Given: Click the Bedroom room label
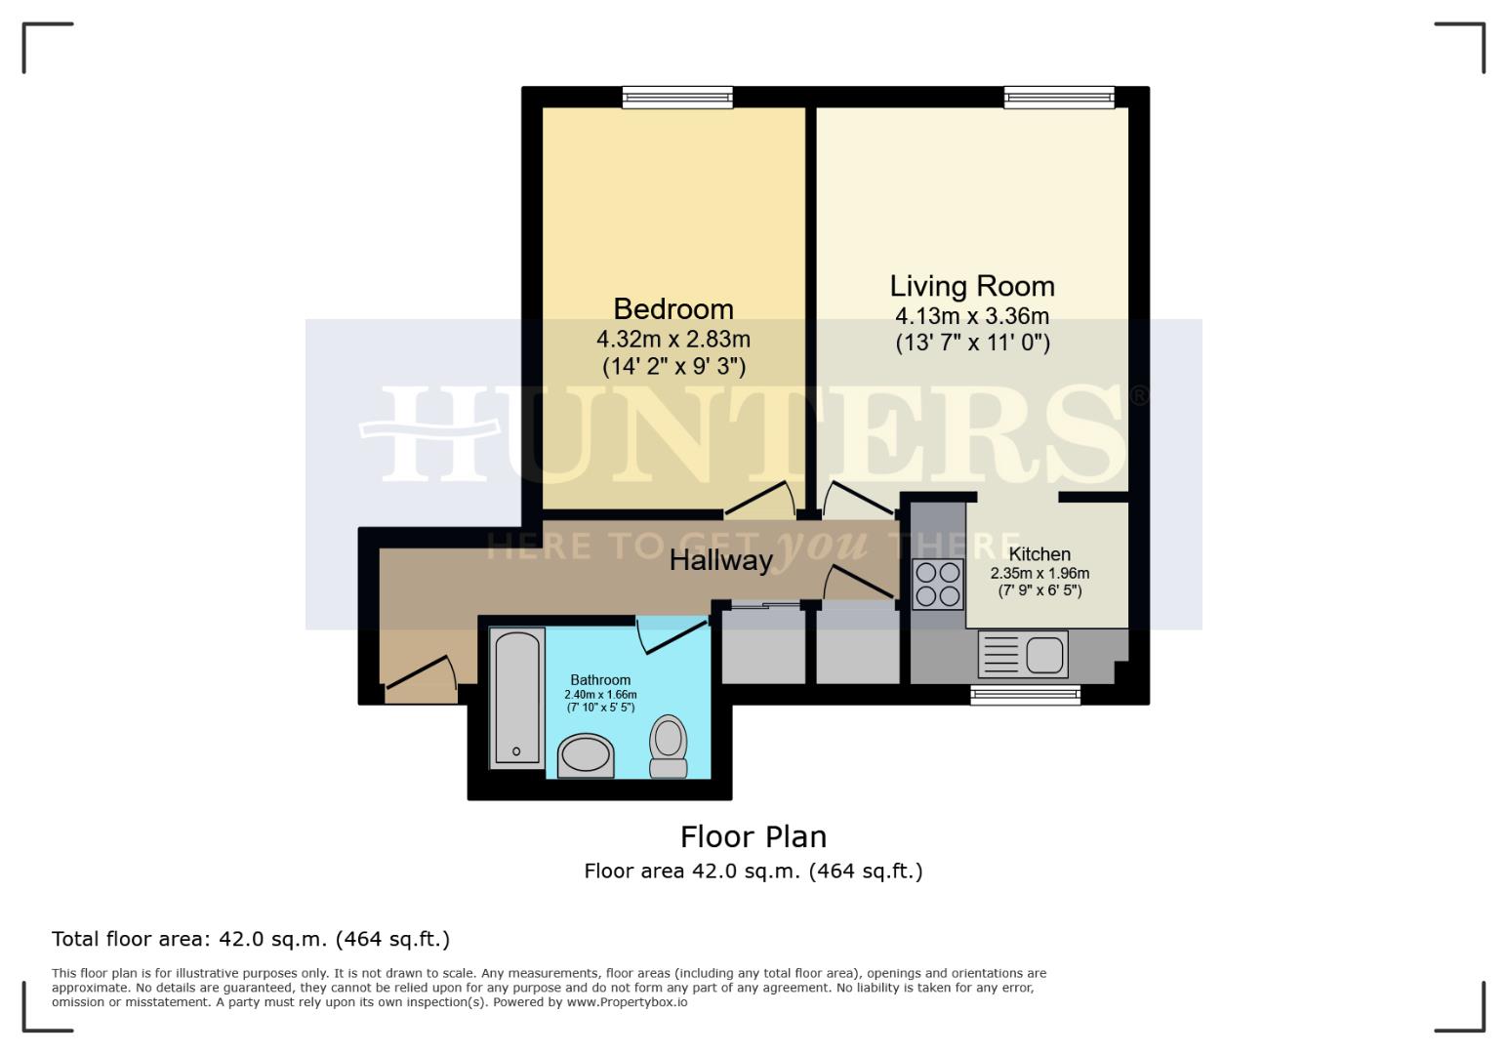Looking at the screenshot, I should point(672,309).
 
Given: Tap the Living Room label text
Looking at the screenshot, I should point(971,286).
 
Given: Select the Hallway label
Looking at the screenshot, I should point(720,560).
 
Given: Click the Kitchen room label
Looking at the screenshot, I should point(1039,554).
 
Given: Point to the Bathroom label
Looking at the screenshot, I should point(600,680).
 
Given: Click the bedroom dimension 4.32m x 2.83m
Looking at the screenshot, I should point(672,340).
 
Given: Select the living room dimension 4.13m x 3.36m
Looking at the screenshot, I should point(971,316).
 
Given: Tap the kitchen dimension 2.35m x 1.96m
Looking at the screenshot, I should point(1039,574).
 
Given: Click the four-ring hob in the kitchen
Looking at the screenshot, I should point(937,584).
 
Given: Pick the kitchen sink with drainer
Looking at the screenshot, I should point(1023,655).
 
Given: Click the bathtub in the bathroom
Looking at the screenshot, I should point(516,697).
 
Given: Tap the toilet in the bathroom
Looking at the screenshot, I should point(669,747).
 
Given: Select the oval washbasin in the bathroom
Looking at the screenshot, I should point(586,756).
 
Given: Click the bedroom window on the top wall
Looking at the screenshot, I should point(677,97).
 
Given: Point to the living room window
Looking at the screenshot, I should point(1059,97).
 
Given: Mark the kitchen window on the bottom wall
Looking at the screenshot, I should point(1025,694).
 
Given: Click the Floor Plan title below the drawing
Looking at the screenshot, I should point(753,837).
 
